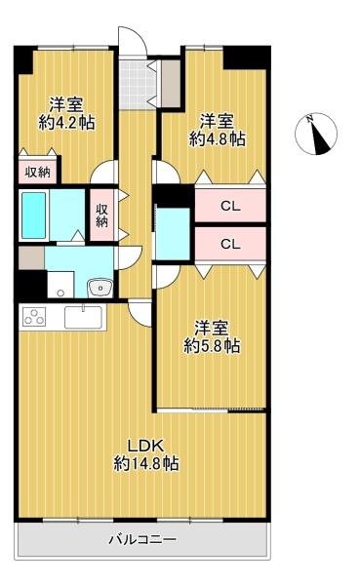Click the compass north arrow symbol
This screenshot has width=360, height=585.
coord(316,134)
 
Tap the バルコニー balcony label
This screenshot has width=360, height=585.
coord(142,539)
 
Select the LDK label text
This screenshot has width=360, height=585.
coord(146,446)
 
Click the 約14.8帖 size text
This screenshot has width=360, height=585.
coord(146,463)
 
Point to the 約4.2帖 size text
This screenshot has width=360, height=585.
coord(66,123)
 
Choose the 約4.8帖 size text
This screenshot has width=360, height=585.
coord(217,139)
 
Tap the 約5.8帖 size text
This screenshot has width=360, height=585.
coord(212,346)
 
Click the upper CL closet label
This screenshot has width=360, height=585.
coord(230,206)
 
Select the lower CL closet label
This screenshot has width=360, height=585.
coord(230,244)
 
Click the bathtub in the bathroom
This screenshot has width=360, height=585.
coord(33,215)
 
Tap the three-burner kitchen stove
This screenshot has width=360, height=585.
coord(34,317)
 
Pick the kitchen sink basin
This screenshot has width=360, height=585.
coord(83,317)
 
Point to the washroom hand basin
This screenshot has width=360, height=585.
coord(100,288)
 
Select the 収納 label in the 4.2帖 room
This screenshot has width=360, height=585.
coord(37,173)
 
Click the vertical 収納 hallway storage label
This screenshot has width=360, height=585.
coord(101,214)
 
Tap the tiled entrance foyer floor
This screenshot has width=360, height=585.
coord(138,84)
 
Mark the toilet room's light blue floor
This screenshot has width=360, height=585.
coord(173,234)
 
